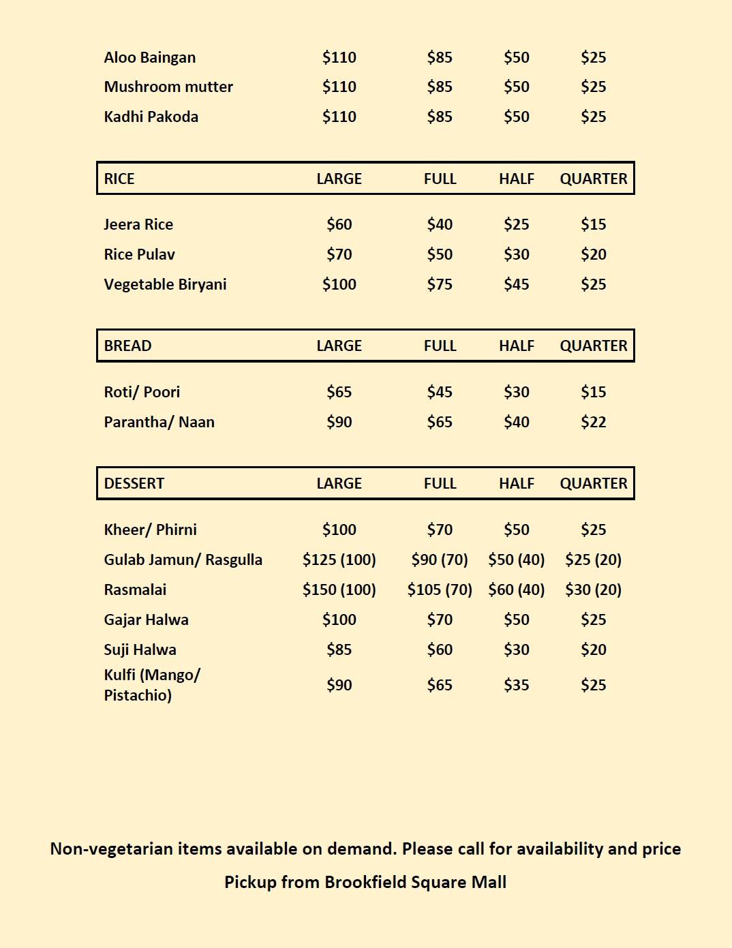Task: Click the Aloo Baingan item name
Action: [x=149, y=57]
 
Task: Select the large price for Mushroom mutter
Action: [x=339, y=87]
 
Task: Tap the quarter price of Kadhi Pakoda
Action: [x=593, y=117]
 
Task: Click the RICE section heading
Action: [x=119, y=179]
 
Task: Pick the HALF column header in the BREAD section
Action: [x=516, y=346]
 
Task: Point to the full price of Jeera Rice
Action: [x=440, y=224]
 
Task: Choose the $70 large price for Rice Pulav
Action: [x=339, y=254]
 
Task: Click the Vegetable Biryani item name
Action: [x=165, y=284]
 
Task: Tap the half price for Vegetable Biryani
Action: [x=516, y=284]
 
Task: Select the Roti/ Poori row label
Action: [x=142, y=392]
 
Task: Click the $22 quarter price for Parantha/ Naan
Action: [x=593, y=422]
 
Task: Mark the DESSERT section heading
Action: [x=134, y=483]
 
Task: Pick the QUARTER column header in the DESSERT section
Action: [x=593, y=483]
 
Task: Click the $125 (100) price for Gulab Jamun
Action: [x=339, y=560]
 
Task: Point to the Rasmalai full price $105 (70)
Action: [x=440, y=590]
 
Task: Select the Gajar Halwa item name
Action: [x=146, y=620]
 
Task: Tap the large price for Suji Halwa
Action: [x=339, y=649]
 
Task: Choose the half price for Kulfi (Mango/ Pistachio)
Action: [x=516, y=685]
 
